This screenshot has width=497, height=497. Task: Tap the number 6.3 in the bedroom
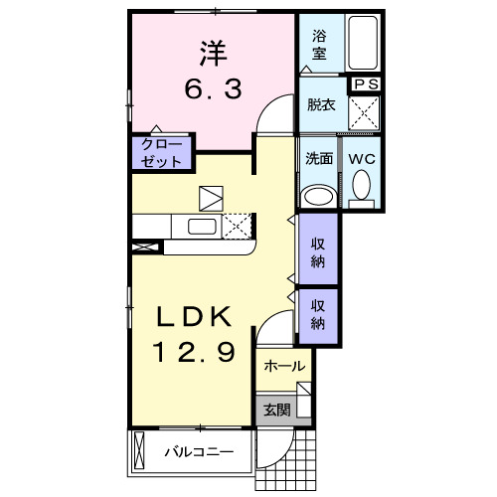[x=212, y=90]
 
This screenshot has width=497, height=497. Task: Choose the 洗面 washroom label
[x=319, y=157]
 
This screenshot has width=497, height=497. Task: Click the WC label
[x=360, y=157]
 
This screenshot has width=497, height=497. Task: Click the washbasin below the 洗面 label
[x=319, y=195]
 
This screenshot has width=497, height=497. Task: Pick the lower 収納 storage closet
[x=317, y=314]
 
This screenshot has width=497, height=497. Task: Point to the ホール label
[x=284, y=367]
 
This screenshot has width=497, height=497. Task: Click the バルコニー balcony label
[x=199, y=452]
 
